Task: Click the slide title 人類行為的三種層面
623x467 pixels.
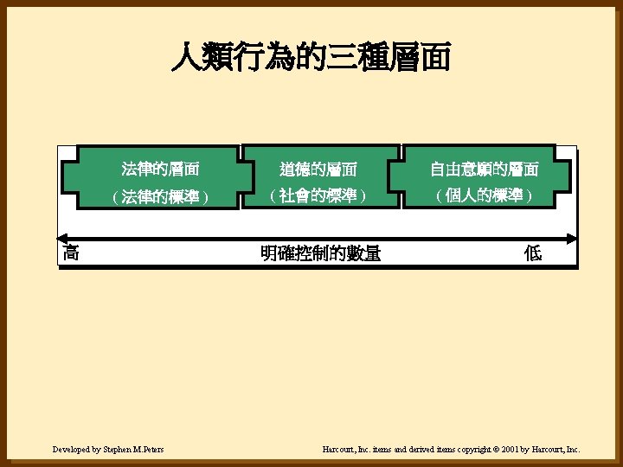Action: pyautogui.click(x=311, y=58)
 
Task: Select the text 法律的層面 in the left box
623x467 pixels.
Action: pyautogui.click(x=161, y=169)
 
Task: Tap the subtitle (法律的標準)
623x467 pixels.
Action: pyautogui.click(x=161, y=197)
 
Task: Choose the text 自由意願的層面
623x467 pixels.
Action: pyautogui.click(x=484, y=169)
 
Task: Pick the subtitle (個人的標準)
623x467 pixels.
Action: pyautogui.click(x=484, y=196)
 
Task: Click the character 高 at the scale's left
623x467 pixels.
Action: pyautogui.click(x=72, y=253)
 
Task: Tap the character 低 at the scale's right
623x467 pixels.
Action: pyautogui.click(x=533, y=253)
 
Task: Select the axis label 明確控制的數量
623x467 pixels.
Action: pyautogui.click(x=320, y=253)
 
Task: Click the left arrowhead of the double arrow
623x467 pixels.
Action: pyautogui.click(x=61, y=237)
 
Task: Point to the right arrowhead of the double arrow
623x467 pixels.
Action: pyautogui.click(x=573, y=237)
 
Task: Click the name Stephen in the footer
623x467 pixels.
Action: pyautogui.click(x=115, y=450)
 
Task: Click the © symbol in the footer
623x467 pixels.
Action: pyautogui.click(x=496, y=450)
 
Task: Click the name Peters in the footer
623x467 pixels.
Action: pyautogui.click(x=151, y=450)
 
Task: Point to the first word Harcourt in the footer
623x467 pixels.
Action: pyautogui.click(x=337, y=450)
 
